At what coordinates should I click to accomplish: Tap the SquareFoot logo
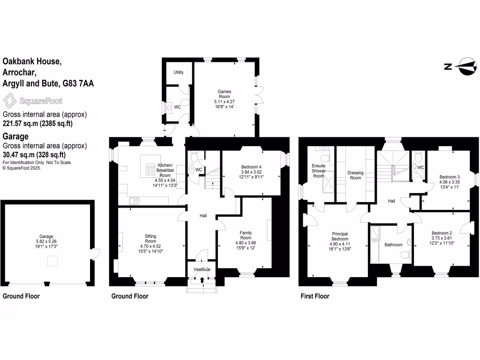pyautogui.click(x=32, y=100)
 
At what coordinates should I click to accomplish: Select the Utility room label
pyautogui.click(x=179, y=72)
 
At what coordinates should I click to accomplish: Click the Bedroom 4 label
pyautogui.click(x=251, y=167)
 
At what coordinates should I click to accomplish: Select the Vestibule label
pyautogui.click(x=202, y=270)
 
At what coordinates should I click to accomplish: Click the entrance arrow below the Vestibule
pyautogui.click(x=202, y=280)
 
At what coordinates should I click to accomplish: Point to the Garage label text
pyautogui.click(x=46, y=237)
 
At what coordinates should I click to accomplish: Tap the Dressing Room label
pyautogui.click(x=355, y=175)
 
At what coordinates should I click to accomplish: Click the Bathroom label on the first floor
pyautogui.click(x=393, y=245)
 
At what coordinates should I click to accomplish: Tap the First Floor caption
pyautogui.click(x=315, y=296)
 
